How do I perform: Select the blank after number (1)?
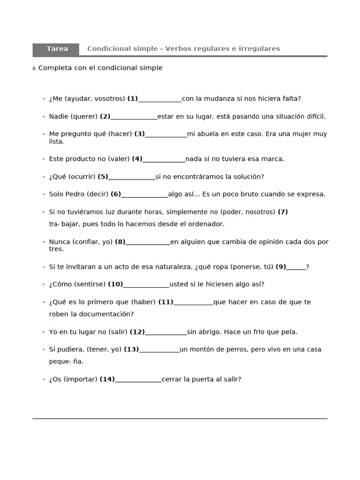pos(160,99)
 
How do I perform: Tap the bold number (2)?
pos(105,116)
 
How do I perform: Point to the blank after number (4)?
pos(164,159)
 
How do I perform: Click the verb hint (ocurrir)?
pos(82,177)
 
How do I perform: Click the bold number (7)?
pos(283,212)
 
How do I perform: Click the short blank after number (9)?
pos(296,267)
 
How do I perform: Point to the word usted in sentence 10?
pos(179,285)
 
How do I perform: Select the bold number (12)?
pos(137,332)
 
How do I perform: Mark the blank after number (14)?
pos(138,380)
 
